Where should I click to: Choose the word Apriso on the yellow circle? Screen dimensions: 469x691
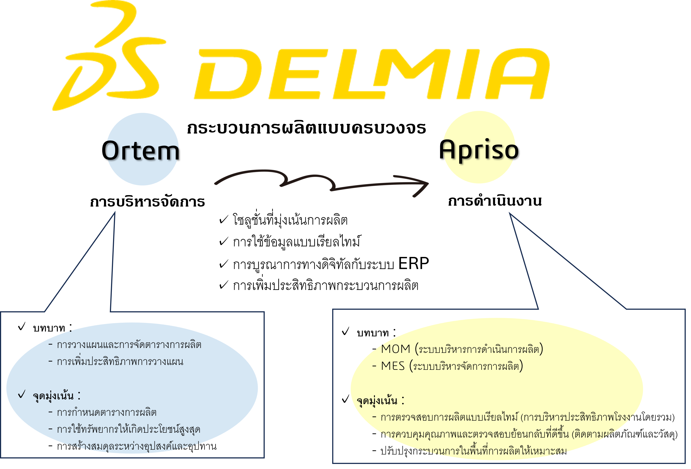click(479, 150)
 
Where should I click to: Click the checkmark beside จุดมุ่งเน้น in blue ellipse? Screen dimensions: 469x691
click(21, 395)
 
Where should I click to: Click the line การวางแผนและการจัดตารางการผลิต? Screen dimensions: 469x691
click(129, 345)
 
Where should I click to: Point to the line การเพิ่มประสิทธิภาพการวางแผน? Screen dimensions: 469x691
click(120, 362)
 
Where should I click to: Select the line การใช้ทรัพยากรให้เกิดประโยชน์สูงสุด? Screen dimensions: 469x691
click(128, 429)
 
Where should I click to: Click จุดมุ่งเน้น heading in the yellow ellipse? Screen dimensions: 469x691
click(377, 401)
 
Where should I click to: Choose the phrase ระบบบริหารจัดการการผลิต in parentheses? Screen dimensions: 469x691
click(466, 366)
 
